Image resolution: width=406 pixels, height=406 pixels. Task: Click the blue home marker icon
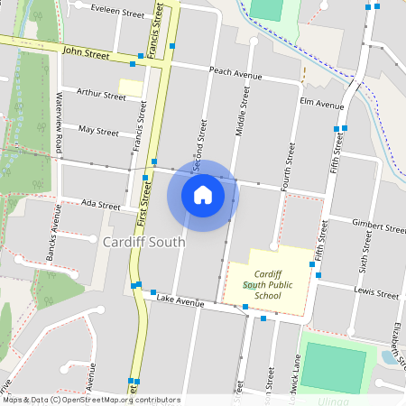coord(203,195)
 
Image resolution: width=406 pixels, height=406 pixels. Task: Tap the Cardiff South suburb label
coord(143,242)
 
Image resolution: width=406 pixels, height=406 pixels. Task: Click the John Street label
coord(86,54)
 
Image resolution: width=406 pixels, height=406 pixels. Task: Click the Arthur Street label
coord(101,93)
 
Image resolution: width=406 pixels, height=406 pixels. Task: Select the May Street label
coord(98,131)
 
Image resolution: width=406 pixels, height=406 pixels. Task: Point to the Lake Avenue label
coord(180,300)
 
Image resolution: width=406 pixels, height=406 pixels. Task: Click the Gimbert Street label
coord(379,227)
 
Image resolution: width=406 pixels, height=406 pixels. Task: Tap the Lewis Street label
coord(376,293)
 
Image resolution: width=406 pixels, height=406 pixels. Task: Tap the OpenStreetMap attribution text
coord(91,400)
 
